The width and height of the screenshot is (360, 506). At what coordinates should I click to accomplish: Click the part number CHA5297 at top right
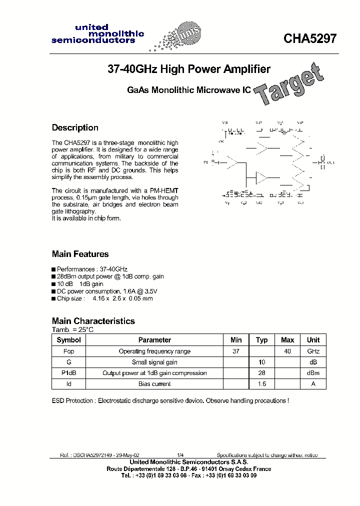point(310,38)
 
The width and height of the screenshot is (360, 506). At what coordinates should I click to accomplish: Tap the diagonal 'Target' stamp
point(287,85)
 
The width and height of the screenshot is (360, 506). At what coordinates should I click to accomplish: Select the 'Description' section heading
point(75,127)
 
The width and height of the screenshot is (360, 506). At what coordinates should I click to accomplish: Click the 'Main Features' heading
point(80,254)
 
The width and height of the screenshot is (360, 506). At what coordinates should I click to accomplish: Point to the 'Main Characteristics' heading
point(93,321)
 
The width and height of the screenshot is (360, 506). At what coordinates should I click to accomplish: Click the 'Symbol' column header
point(68,340)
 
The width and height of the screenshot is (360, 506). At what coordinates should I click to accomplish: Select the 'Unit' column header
point(313,340)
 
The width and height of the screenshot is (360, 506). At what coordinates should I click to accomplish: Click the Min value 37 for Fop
point(236,351)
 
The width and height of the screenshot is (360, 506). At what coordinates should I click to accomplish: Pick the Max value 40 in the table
point(287,351)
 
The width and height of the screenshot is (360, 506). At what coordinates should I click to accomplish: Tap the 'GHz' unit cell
point(313,351)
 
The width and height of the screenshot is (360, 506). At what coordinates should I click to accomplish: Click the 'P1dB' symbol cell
point(68,373)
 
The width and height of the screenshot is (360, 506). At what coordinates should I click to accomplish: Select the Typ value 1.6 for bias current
point(262,384)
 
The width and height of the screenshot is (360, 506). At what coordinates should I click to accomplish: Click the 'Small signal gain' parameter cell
point(154,362)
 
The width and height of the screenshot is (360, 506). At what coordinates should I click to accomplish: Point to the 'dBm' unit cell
point(313,373)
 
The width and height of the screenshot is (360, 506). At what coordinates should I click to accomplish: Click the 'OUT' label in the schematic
point(330,163)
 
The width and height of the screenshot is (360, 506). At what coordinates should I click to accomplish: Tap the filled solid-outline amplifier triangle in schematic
point(262,178)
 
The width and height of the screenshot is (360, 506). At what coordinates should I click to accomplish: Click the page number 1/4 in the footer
point(180,455)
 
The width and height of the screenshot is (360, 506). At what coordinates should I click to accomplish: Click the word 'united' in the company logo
point(87,27)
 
